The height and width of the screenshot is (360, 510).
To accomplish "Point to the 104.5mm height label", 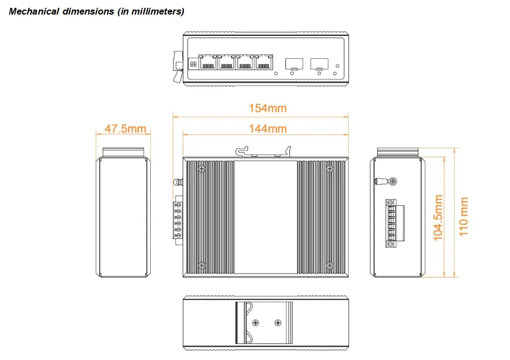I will (439, 218).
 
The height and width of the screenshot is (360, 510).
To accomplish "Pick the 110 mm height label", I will (464, 216).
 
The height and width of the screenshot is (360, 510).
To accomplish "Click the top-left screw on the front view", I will (202, 168).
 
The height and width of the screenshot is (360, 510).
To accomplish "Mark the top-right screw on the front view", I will (329, 168).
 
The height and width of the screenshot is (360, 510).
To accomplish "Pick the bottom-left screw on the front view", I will (202, 265).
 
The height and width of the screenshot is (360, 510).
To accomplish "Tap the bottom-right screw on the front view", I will (329, 265).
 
